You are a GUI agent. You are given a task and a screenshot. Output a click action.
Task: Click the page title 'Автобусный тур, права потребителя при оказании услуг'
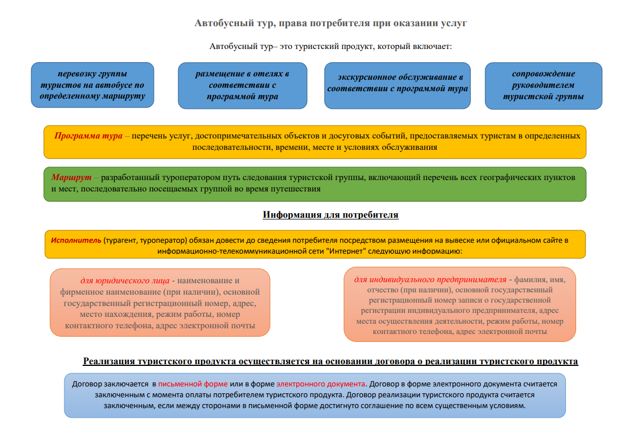point(331,23)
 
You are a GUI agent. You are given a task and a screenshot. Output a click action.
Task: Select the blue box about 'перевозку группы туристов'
point(92,85)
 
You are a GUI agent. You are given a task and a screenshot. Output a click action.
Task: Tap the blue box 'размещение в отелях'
point(242,85)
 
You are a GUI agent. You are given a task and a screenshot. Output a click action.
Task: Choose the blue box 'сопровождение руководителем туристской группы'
point(543,85)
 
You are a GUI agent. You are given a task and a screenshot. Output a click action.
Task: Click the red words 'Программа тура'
point(88,136)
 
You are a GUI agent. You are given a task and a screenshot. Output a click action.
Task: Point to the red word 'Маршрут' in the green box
point(72,178)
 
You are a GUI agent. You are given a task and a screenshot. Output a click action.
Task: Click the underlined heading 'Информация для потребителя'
point(331,215)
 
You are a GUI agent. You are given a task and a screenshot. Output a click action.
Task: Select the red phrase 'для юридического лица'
point(124,280)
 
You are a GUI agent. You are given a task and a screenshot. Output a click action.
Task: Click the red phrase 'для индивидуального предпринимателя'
point(430,280)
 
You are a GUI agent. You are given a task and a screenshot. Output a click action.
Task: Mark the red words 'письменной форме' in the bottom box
point(193,384)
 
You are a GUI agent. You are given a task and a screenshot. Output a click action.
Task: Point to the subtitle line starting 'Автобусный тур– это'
point(331,46)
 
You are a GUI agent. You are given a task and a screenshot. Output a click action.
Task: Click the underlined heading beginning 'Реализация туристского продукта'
point(331,361)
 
